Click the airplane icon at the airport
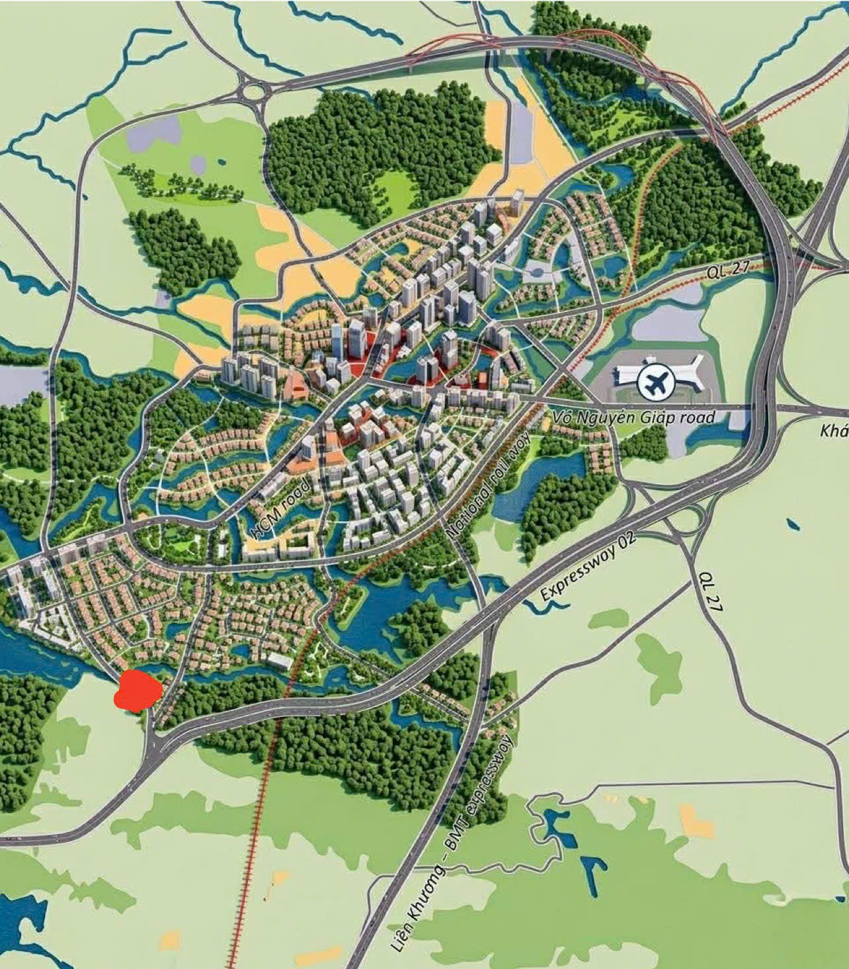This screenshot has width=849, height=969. pyautogui.click(x=655, y=382)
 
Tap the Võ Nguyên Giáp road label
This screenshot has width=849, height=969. pyautogui.click(x=633, y=417)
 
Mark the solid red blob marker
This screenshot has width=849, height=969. pyautogui.click(x=138, y=691)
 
